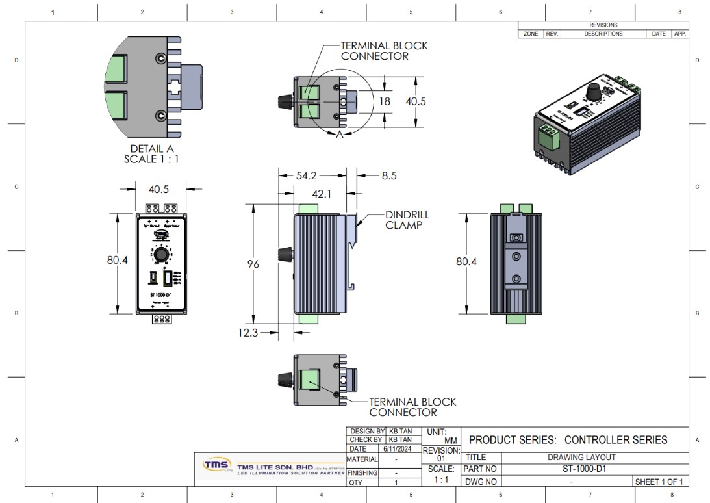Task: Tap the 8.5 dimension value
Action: tap(388, 175)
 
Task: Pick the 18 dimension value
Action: tap(385, 101)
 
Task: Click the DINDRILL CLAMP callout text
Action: tap(407, 220)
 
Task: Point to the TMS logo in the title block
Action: tap(217, 465)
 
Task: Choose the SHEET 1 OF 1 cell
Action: tap(661, 482)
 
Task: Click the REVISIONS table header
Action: tap(603, 25)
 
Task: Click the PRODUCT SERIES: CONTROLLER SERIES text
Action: tap(568, 439)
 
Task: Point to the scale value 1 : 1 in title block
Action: tap(441, 480)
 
